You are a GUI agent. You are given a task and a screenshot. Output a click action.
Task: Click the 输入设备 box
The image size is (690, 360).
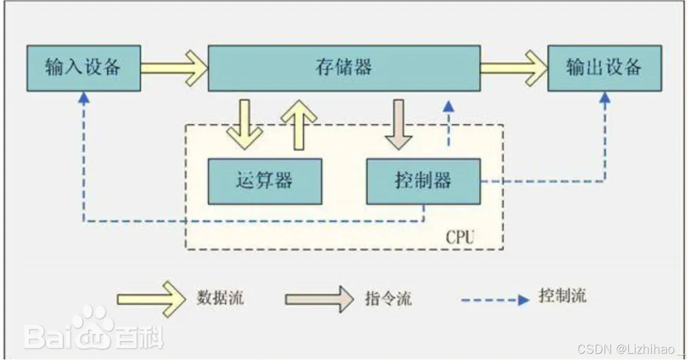84,68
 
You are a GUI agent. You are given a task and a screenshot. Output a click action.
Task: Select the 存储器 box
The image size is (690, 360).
344,68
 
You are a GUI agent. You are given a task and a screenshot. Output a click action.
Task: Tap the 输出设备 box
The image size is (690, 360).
604,68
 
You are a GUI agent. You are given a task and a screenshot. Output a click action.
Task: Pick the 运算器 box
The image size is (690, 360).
265,181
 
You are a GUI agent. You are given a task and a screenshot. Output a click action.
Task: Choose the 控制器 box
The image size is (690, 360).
423,181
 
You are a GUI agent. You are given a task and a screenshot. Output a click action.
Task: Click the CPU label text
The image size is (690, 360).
460,237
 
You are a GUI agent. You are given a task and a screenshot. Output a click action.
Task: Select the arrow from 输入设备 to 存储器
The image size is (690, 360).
174,68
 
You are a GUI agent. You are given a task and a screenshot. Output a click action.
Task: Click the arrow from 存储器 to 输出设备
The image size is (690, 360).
514,68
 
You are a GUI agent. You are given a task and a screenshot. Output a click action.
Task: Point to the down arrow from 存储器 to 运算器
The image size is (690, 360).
245,124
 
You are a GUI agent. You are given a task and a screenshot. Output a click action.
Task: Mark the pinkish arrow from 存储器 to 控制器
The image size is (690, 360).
399,124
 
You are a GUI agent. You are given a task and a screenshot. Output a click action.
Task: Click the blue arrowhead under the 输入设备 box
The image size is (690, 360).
84,98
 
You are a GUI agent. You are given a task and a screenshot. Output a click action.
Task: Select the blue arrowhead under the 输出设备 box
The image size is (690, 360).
605,98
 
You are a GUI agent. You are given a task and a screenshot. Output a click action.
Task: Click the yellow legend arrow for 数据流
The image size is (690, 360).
150,298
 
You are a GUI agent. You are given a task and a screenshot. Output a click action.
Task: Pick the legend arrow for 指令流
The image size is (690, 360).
319,298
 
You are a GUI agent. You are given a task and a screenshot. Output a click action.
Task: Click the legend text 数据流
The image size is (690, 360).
220,297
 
